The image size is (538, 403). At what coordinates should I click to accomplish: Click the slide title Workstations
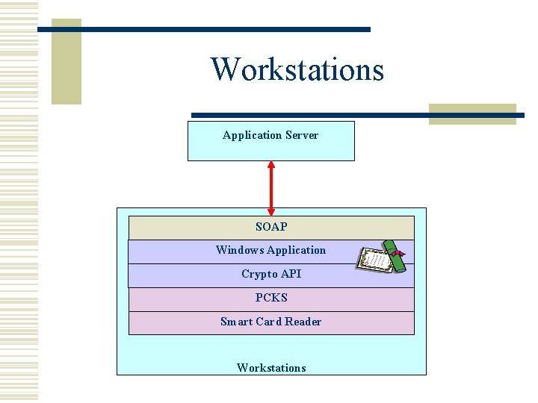point(297,69)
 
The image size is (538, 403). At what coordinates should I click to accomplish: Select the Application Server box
point(270,141)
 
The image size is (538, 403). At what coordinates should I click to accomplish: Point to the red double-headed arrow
point(271,188)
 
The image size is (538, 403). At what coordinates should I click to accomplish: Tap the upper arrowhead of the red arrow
point(271,166)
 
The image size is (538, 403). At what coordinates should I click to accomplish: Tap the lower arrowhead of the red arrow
point(271,210)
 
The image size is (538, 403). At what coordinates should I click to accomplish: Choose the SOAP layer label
point(271,227)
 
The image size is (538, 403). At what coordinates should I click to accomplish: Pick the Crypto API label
point(271,274)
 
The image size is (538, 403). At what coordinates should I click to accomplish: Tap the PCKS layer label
point(271,298)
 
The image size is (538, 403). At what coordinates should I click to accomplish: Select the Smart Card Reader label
point(271,322)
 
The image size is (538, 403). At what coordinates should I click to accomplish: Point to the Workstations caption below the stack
point(271,368)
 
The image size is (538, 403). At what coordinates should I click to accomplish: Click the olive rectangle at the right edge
point(472,113)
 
